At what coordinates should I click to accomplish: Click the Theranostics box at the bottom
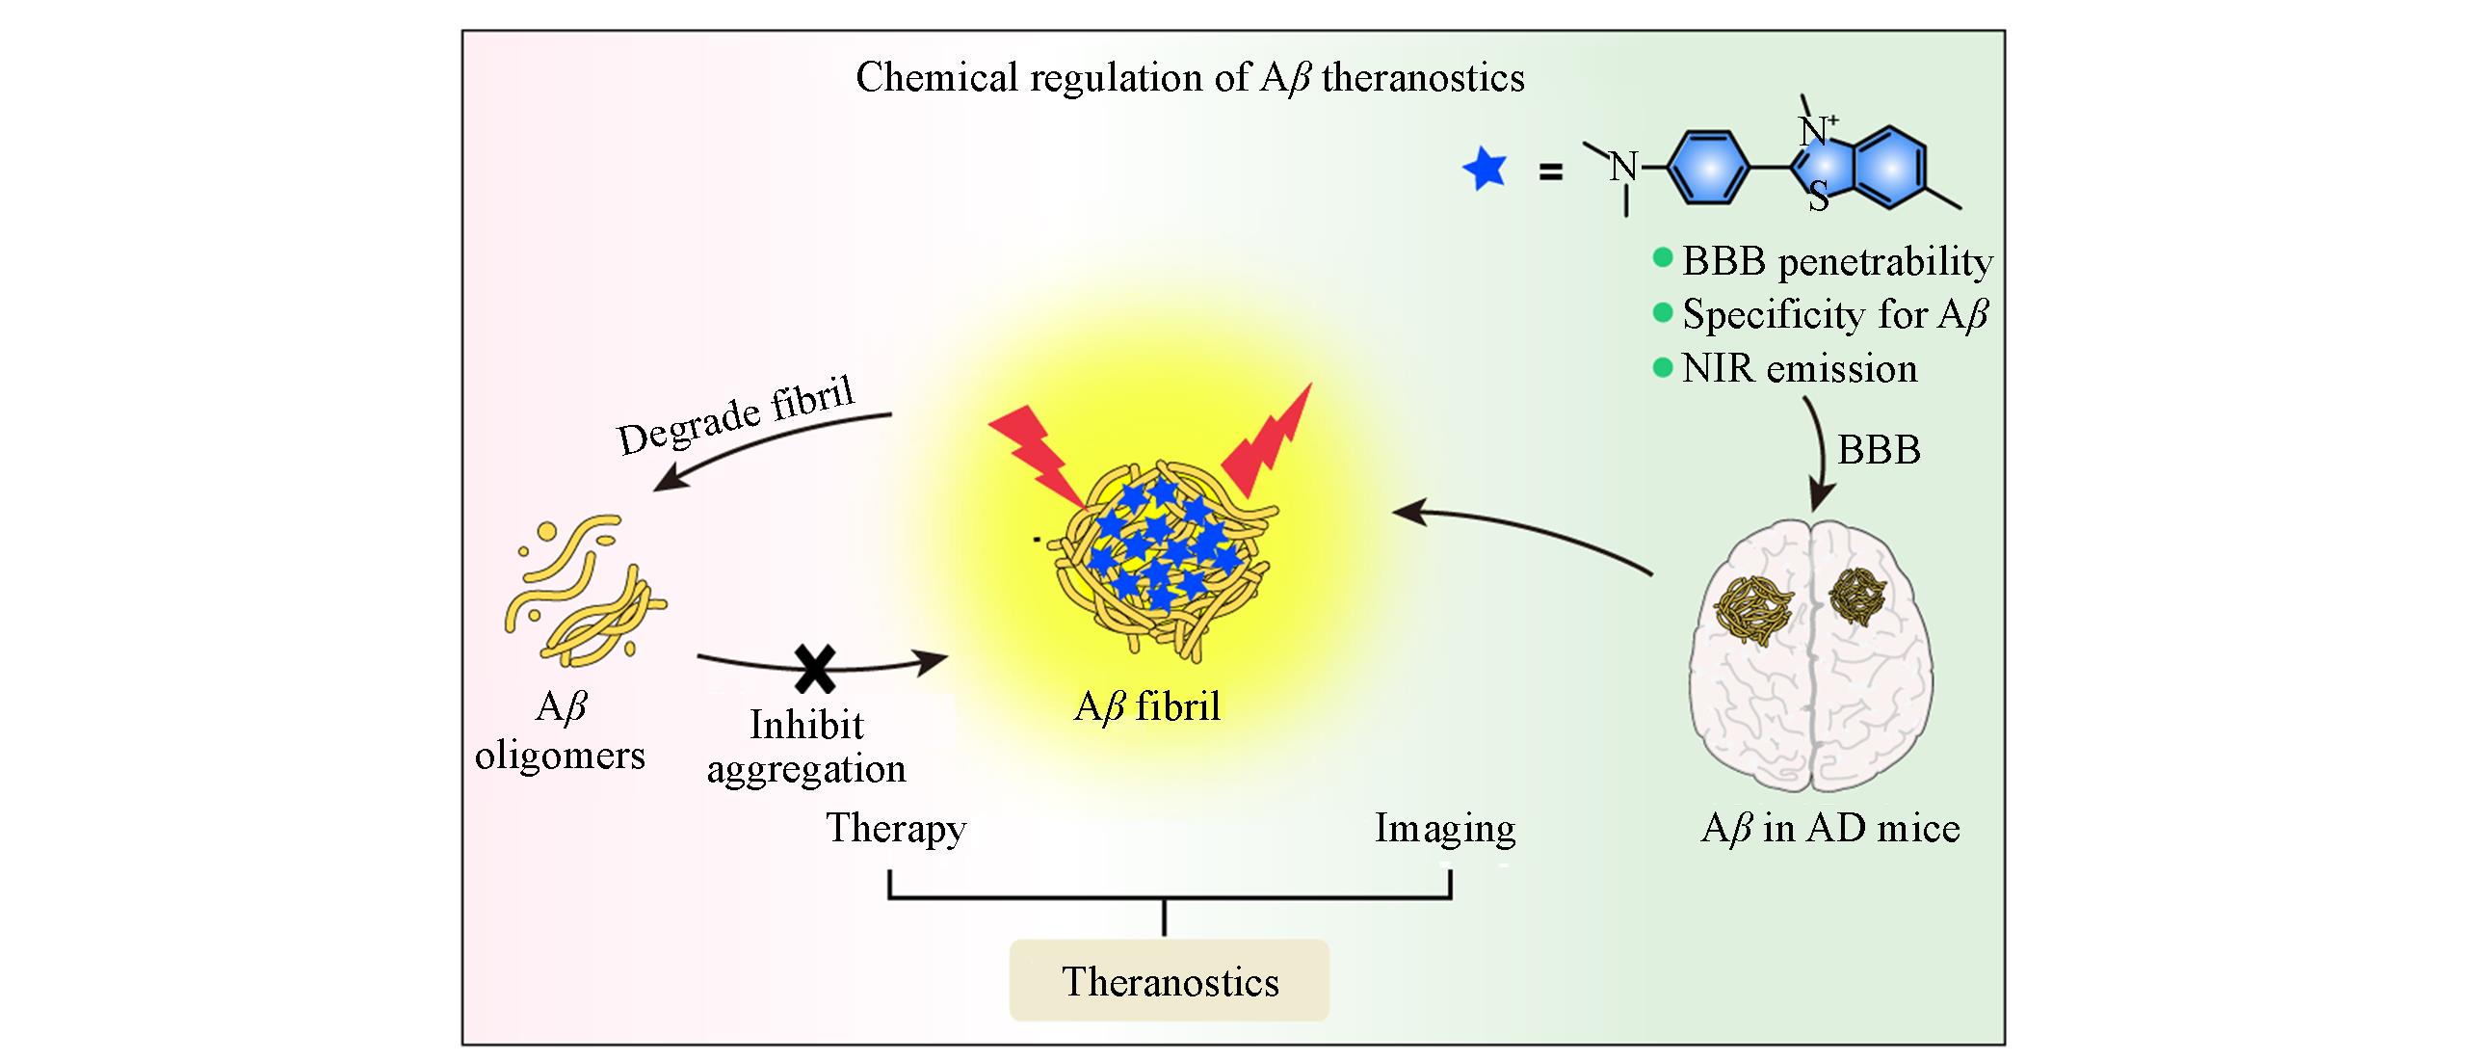(1169, 981)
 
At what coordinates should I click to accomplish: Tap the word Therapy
(896, 828)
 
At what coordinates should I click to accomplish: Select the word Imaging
(1444, 828)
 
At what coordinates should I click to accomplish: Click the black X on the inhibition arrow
(815, 668)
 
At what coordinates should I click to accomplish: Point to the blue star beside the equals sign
(1484, 171)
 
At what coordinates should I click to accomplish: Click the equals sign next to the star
(1550, 174)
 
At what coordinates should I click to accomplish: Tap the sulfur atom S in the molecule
(1818, 199)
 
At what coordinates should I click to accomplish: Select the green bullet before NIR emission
(1662, 367)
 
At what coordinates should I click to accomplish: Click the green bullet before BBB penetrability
(1662, 257)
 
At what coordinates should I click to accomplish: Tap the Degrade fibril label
(736, 415)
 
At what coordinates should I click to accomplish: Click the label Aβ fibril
(1146, 707)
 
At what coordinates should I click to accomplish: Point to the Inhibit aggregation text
(807, 747)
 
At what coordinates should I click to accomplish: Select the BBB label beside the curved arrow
(1878, 450)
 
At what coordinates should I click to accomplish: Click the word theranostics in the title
(1423, 78)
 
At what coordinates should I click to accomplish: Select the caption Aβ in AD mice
(1830, 829)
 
